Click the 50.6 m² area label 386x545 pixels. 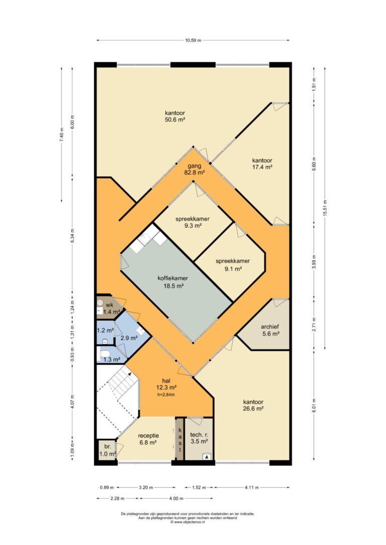tap(175, 120)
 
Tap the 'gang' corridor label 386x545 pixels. tap(194, 166)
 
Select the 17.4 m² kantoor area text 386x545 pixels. tap(262, 167)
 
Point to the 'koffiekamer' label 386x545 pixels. tap(173, 278)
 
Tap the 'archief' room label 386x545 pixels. tap(270, 327)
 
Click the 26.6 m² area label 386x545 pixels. tap(253, 408)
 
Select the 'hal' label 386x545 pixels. tap(166, 380)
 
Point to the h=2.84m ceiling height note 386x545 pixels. tap(166, 394)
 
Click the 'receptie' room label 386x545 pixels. tap(148, 436)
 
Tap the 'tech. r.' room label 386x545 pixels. tap(199, 435)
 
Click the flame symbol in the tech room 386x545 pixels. tap(207, 457)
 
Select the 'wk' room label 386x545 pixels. tap(109, 305)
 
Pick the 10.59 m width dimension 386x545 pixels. tap(193, 40)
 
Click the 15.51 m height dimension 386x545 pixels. tap(325, 208)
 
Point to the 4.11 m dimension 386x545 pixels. tap(252, 487)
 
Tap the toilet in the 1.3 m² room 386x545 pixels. tap(104, 354)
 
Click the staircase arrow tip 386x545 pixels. tap(130, 372)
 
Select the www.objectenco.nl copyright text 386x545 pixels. tap(187, 522)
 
